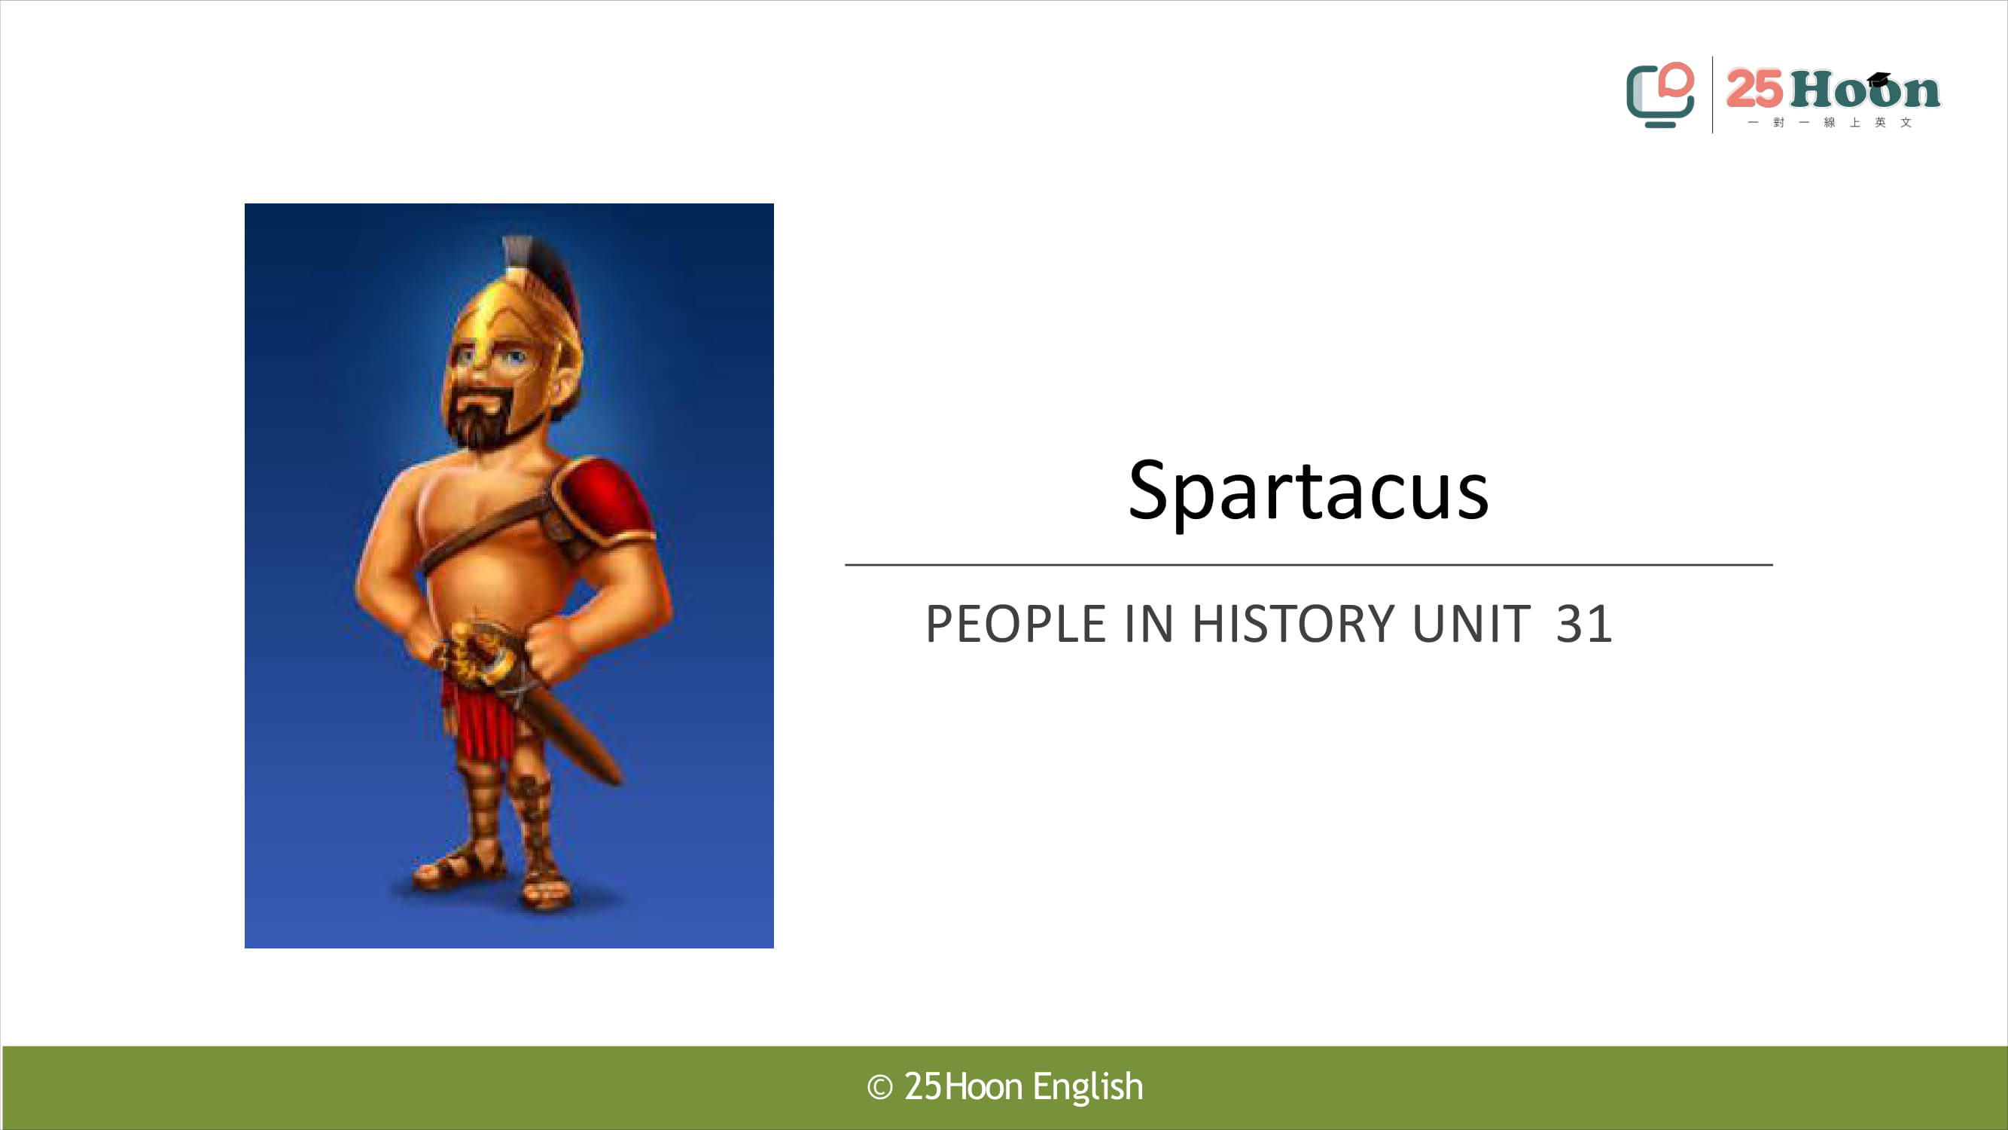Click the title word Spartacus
1308,490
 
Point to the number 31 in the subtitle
1583,624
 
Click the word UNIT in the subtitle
1472,624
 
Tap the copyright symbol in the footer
880,1087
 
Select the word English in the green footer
1088,1087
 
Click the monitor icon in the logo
1660,94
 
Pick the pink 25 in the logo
1755,88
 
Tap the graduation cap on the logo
1879,79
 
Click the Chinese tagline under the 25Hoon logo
1830,123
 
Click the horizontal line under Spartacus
1309,563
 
